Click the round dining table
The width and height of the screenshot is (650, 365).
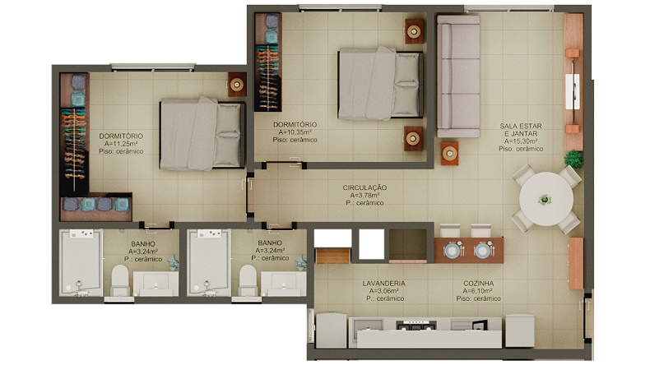point(546,199)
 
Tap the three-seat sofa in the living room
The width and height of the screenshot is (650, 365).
point(458,76)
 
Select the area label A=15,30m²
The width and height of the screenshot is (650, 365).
point(521,141)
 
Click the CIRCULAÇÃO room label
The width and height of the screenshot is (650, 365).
point(364,187)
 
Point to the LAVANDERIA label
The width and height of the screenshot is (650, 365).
point(384,284)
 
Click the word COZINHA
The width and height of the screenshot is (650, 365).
point(478,284)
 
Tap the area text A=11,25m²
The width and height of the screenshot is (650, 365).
point(121,144)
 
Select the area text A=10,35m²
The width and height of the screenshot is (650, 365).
point(295,132)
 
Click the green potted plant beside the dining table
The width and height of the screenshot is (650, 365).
point(573,159)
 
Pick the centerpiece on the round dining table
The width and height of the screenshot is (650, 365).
point(545,200)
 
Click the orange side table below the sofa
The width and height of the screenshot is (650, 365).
point(450,154)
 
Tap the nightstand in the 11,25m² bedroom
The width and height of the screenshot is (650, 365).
point(237,85)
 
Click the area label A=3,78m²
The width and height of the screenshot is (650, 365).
point(364,195)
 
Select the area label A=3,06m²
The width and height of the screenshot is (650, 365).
point(384,291)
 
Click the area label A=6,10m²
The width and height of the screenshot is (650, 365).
point(478,291)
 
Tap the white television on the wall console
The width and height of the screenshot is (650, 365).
point(573,91)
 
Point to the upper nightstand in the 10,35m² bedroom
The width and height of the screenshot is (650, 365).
point(414,31)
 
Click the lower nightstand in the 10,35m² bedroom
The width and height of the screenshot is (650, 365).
point(414,138)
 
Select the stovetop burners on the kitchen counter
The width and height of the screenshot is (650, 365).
point(416,326)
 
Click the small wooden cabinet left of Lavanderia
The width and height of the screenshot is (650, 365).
point(332,256)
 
